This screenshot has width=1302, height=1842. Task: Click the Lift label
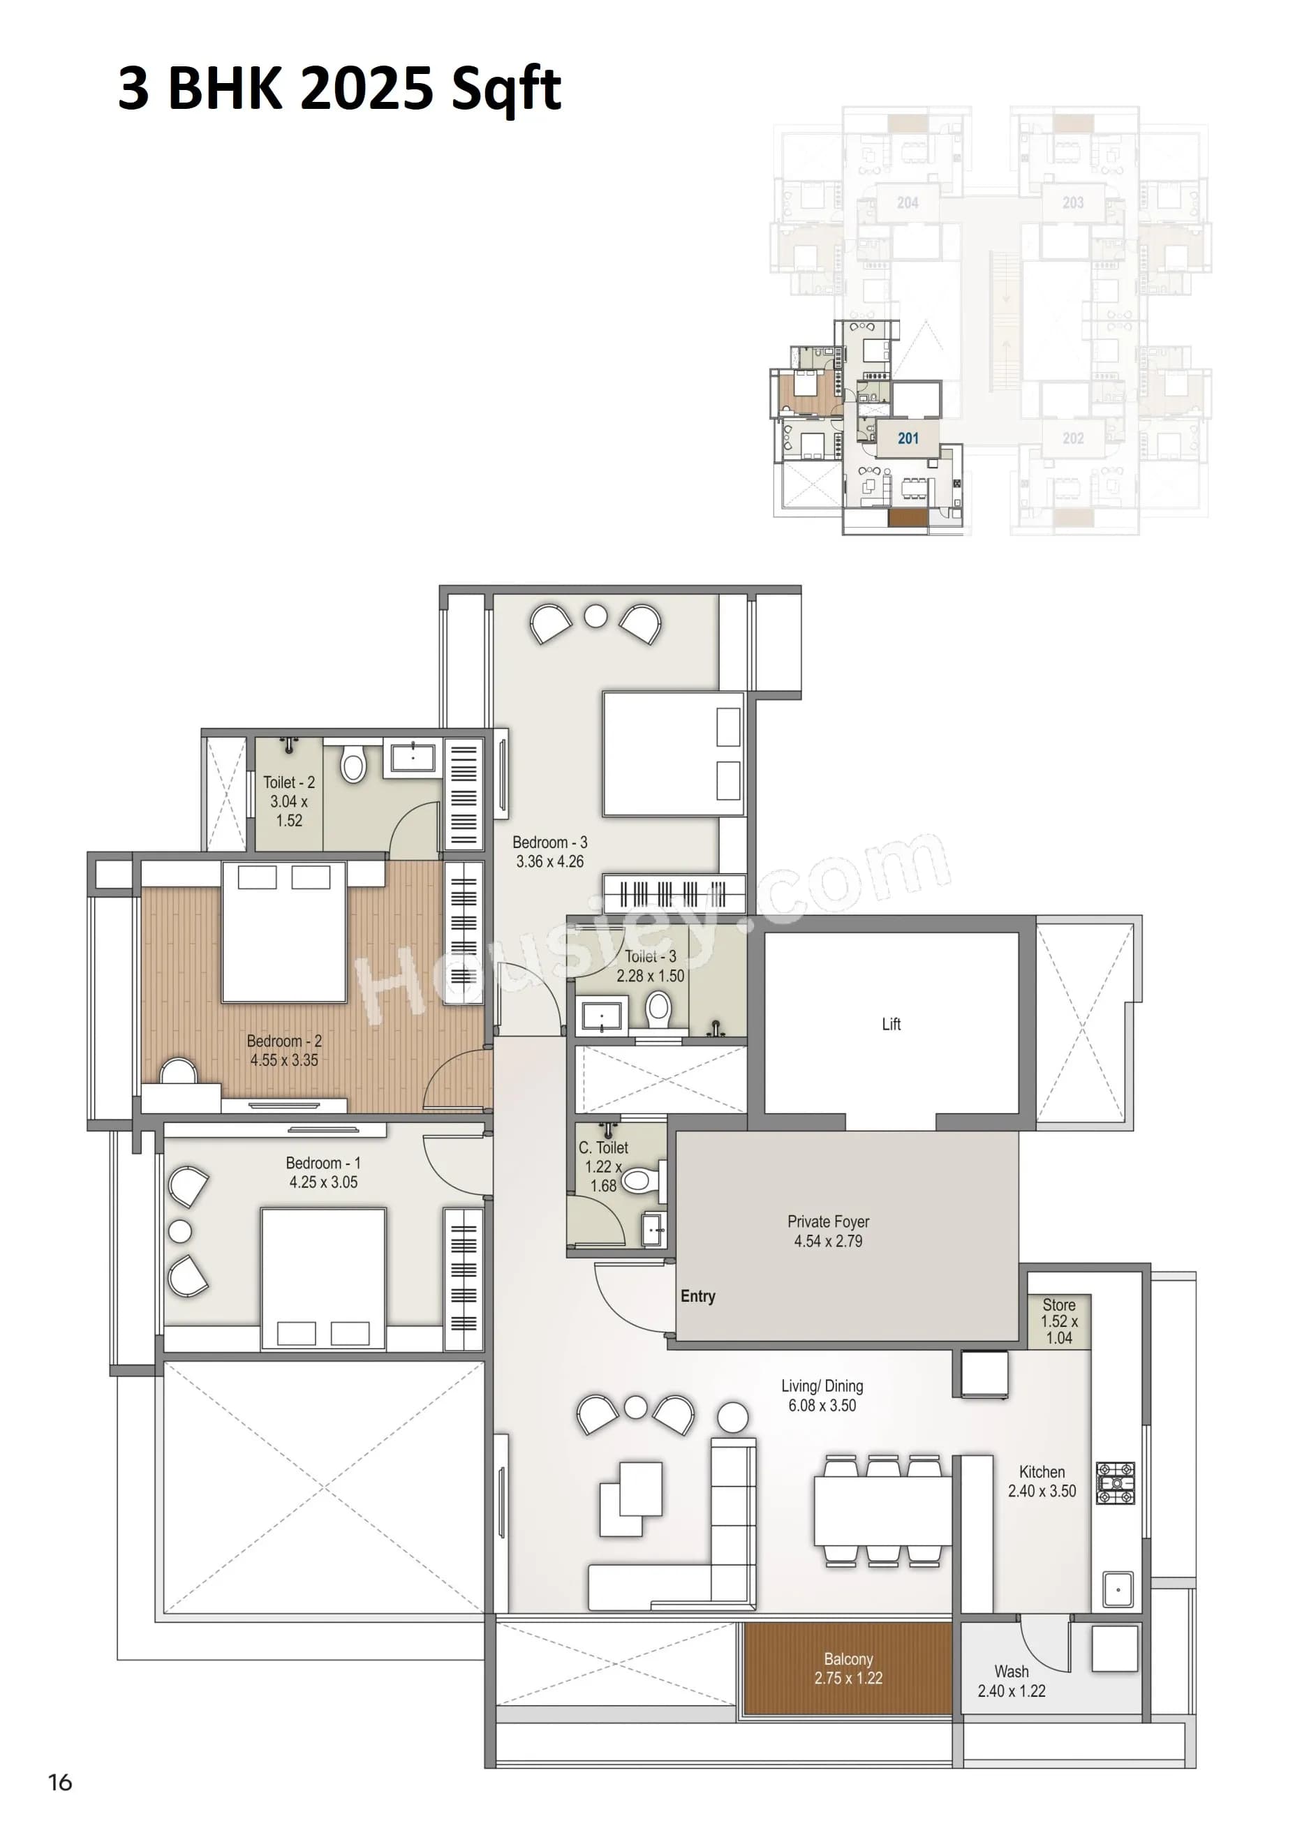pyautogui.click(x=891, y=1024)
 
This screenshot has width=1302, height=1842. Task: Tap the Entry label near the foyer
pyautogui.click(x=697, y=1295)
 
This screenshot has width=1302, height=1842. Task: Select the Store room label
pyautogui.click(x=1058, y=1321)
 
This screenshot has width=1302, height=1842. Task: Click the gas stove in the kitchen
pyautogui.click(x=1115, y=1483)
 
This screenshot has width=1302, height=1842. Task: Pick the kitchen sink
pyautogui.click(x=1118, y=1589)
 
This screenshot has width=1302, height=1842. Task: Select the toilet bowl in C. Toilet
pyautogui.click(x=639, y=1180)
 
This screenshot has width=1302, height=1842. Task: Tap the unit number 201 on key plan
pyautogui.click(x=908, y=438)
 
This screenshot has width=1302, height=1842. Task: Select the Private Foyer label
pyautogui.click(x=828, y=1231)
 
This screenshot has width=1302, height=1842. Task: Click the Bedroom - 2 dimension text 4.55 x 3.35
pyautogui.click(x=284, y=1060)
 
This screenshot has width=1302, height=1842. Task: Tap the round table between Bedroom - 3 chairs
pyautogui.click(x=595, y=616)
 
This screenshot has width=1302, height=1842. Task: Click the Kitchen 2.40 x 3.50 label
pyautogui.click(x=1042, y=1481)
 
